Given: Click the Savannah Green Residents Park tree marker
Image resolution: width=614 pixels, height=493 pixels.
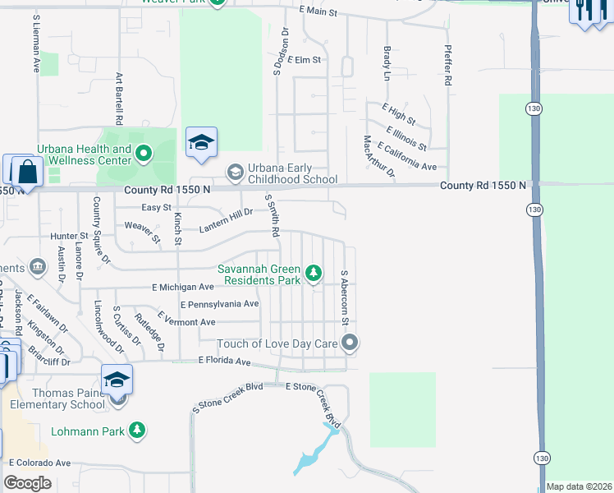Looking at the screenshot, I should (313, 273).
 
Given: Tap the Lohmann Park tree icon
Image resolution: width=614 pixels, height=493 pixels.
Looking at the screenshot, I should (138, 430).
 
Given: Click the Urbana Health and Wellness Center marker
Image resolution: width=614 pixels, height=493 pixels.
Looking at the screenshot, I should (144, 153).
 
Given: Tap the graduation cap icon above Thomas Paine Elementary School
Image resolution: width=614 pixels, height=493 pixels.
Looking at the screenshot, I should (117, 380).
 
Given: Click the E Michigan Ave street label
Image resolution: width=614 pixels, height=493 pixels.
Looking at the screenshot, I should (182, 287).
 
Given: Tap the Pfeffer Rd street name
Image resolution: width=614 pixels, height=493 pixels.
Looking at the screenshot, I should (448, 66).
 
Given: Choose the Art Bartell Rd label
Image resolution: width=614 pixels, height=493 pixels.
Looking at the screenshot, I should (119, 97).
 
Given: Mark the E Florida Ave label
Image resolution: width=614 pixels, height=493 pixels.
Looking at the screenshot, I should (223, 361).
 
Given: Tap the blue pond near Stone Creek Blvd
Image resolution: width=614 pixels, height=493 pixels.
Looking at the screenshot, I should (313, 457).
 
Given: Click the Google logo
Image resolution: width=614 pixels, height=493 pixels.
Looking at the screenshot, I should (28, 483).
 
